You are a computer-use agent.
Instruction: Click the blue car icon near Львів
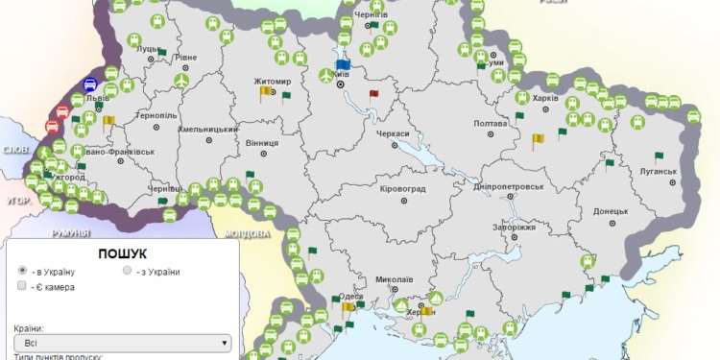point(90,84)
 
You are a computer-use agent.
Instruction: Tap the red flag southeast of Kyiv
point(374,94)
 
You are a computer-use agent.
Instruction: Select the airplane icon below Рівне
point(181,82)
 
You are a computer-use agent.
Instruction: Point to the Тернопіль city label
point(157,115)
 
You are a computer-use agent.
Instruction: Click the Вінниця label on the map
point(262,142)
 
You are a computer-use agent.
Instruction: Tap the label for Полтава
point(491,124)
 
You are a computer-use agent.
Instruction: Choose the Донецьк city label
point(611,210)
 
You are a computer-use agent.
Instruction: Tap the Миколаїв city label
point(395,279)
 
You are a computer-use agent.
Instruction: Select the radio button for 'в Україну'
point(22,272)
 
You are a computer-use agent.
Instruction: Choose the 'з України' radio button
point(127,272)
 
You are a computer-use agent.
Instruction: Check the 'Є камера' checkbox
point(22,287)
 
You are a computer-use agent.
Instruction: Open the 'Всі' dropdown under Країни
point(123,341)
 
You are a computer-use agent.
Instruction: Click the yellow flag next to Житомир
point(266,93)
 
